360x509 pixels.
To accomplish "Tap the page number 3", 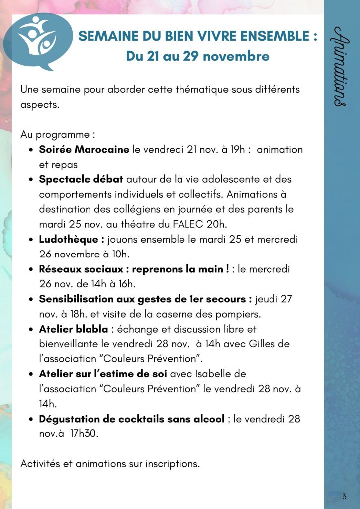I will tap(344, 496).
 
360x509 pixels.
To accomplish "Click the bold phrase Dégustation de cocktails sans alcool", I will tap(132, 419).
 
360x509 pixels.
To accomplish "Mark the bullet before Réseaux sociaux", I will tap(31, 269).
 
